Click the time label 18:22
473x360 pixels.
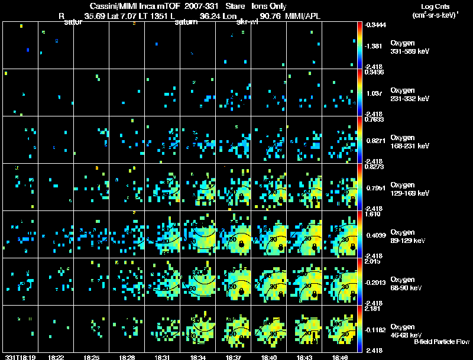point(57,357)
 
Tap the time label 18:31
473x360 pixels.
point(162,357)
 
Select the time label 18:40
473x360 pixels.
point(269,357)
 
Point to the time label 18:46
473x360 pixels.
point(339,357)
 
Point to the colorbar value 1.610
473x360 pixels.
point(372,215)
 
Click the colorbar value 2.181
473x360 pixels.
point(372,309)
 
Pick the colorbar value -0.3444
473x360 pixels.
point(374,25)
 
